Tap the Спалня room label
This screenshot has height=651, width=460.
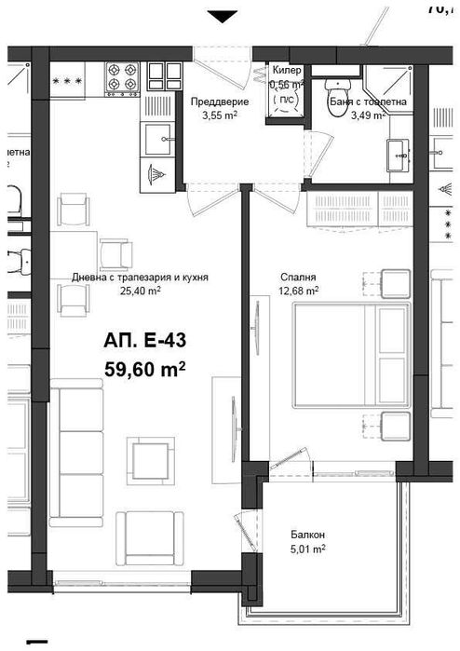[298, 277]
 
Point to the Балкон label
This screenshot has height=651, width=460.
[306, 535]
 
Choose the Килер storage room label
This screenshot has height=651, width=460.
[287, 71]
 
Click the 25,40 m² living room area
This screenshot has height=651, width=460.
[141, 291]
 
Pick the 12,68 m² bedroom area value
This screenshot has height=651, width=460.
[299, 291]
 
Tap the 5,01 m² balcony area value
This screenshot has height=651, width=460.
[306, 549]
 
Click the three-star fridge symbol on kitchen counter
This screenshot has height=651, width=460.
[72, 81]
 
